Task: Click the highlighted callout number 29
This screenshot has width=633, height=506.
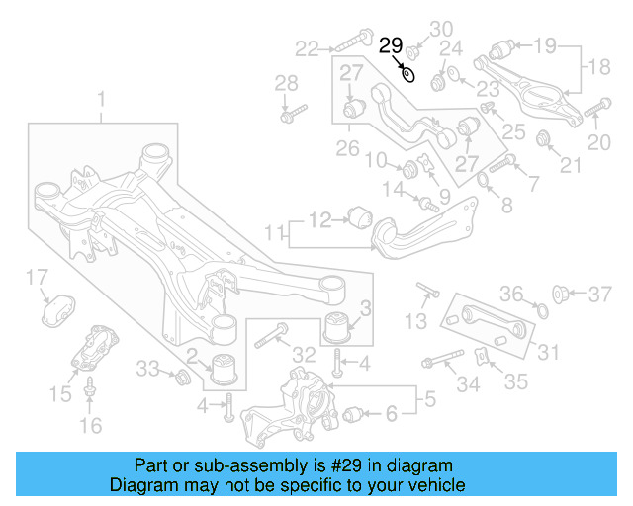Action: [x=391, y=44]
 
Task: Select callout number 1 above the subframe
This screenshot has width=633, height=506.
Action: [x=100, y=99]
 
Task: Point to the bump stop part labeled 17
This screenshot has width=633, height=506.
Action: [x=58, y=308]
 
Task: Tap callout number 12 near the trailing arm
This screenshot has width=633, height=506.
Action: [x=320, y=219]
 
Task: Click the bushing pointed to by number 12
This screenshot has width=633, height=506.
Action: [x=361, y=215]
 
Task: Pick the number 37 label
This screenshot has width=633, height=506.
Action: [x=601, y=294]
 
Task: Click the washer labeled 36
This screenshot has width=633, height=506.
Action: [x=540, y=312]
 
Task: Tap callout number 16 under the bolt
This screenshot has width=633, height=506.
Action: [x=90, y=426]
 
